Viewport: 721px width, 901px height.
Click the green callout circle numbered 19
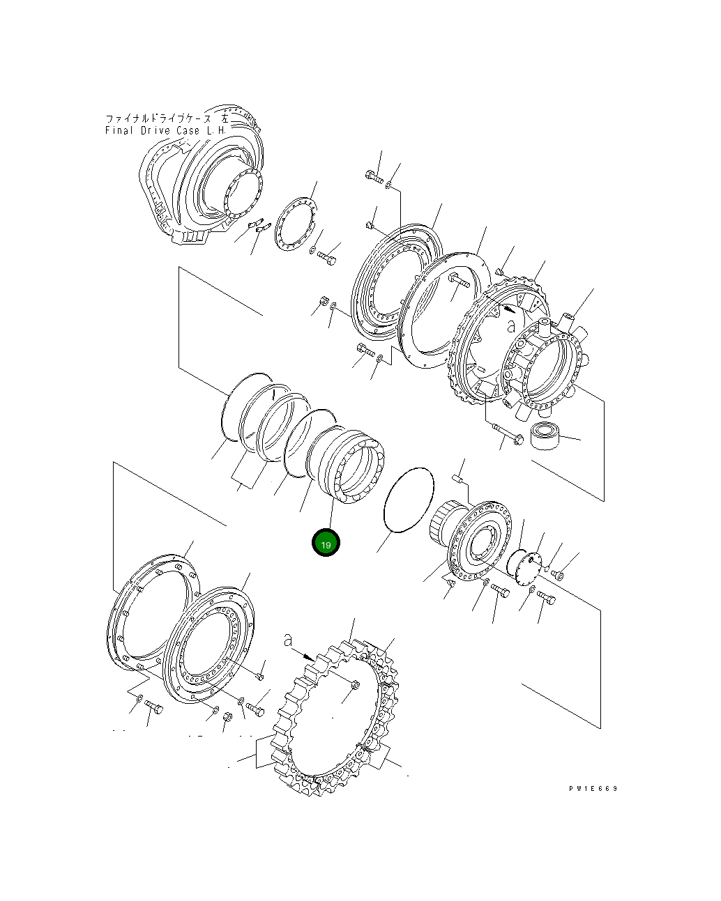326,543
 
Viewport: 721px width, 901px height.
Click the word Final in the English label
119,130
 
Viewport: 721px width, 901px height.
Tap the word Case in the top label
188,130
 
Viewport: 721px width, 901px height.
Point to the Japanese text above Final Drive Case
167,118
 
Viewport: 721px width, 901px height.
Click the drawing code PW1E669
593,788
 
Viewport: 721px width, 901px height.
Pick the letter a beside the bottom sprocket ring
287,640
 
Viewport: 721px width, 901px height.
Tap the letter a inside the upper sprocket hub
510,325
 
